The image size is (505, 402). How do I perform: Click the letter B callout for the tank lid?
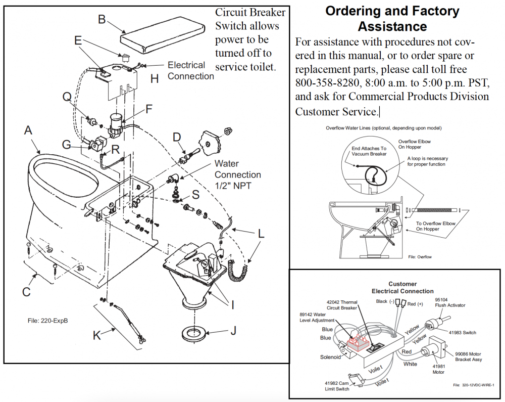coord(102,19)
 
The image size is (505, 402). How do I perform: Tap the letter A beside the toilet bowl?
coord(28,130)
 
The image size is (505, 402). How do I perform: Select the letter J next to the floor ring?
coord(233,330)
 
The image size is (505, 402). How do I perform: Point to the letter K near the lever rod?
coord(97,335)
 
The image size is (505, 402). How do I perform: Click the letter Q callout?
coord(67,97)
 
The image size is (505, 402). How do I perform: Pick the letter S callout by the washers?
coord(195,195)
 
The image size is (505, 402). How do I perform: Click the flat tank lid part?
coord(163,35)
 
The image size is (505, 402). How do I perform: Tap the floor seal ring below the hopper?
coord(194,334)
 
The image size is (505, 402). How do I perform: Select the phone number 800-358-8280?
coord(327,83)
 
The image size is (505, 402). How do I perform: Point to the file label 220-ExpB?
coord(47,321)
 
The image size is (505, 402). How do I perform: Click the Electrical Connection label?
coord(191,71)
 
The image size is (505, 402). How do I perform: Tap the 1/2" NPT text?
coord(233,186)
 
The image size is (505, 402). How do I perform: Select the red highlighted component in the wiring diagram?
coord(358,343)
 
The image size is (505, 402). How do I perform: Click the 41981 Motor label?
coord(439,369)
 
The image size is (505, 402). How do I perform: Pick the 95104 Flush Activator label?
coord(450,302)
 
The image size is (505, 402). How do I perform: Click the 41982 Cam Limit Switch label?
coord(337,386)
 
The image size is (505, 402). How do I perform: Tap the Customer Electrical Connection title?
coord(402,288)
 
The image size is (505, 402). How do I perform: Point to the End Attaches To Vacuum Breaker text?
coord(369,151)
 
